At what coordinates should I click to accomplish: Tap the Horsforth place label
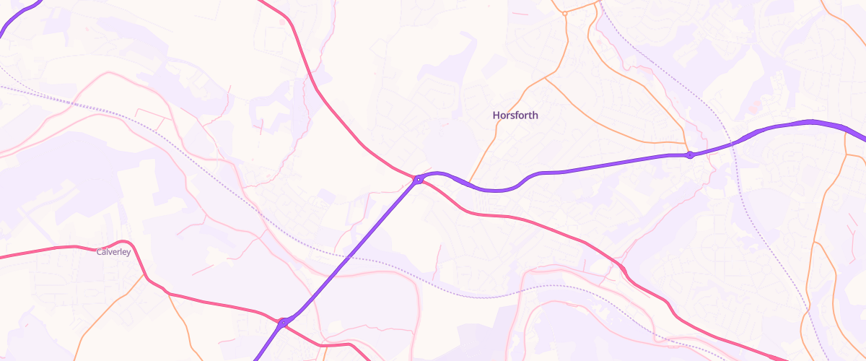coord(515,116)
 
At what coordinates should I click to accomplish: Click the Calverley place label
coord(113,252)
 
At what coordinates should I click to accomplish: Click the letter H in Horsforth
coord(496,116)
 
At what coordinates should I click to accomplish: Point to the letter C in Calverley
coord(99,252)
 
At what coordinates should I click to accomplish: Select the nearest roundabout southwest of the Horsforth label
coord(418,179)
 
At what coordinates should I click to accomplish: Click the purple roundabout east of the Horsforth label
coord(690,155)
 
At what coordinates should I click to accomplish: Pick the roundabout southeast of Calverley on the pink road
coord(284,322)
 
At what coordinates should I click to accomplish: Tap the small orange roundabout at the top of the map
coord(565,13)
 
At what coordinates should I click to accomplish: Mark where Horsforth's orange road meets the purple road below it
coord(470,183)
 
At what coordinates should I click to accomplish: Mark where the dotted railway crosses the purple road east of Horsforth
coord(732,143)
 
